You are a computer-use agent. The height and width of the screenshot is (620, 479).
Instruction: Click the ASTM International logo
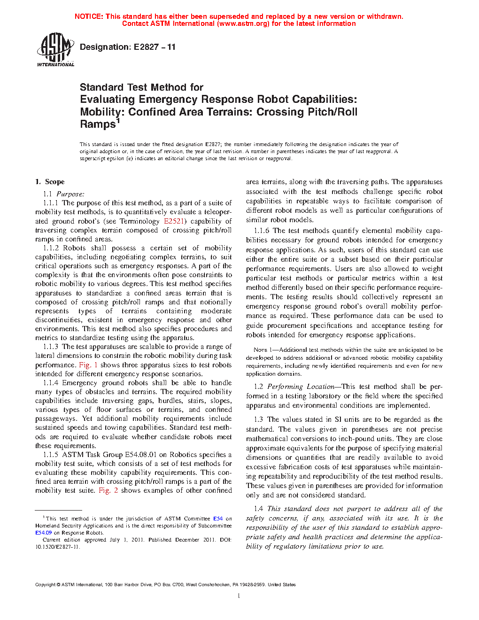pyautogui.click(x=55, y=49)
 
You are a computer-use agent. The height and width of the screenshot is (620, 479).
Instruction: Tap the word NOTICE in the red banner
pyautogui.click(x=89, y=16)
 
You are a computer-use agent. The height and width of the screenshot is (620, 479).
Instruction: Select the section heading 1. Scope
pyautogui.click(x=50, y=182)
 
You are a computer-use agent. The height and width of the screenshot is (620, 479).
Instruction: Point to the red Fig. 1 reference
pyautogui.click(x=88, y=365)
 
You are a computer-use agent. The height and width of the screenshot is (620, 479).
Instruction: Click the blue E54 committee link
pyautogui.click(x=218, y=519)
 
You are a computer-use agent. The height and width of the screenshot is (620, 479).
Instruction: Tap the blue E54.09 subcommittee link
pyautogui.click(x=44, y=533)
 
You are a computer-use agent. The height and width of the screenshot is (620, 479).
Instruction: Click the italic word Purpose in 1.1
pyautogui.click(x=70, y=194)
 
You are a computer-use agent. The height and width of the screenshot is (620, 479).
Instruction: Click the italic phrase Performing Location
pyautogui.click(x=301, y=387)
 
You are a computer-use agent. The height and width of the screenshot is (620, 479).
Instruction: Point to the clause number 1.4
pyautogui.click(x=258, y=509)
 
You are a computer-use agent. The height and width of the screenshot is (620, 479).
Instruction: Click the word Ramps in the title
pyautogui.click(x=98, y=124)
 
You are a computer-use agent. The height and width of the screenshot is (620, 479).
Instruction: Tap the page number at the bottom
pyautogui.click(x=239, y=596)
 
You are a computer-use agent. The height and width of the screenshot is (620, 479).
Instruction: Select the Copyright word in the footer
pyautogui.click(x=45, y=585)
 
